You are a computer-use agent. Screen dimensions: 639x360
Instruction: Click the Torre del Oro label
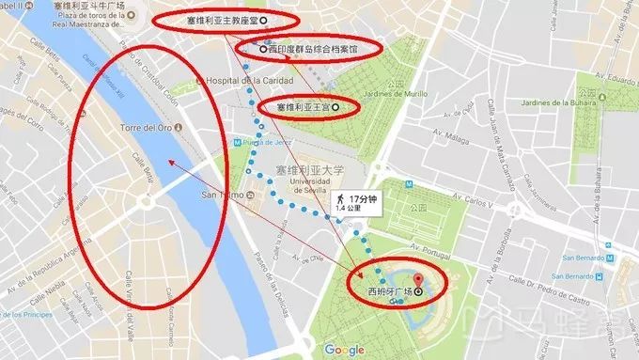(142, 127)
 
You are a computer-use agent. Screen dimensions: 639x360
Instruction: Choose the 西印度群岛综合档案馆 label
(314, 48)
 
